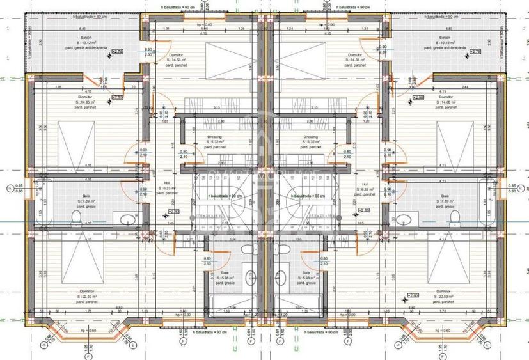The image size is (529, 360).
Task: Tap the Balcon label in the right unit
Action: point(446,38)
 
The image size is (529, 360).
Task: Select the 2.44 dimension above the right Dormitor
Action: point(446,86)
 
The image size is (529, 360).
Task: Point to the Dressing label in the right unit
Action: point(312,136)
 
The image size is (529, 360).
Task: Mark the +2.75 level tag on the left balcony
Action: point(116,51)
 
